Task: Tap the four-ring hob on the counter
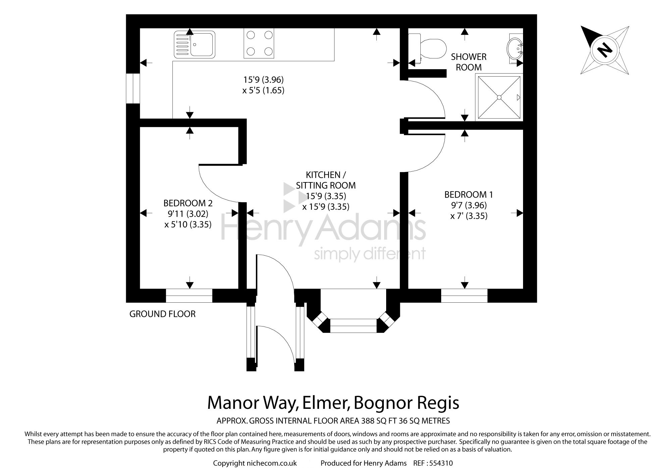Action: click(x=259, y=43)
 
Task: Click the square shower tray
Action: click(x=499, y=97)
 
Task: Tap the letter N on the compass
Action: click(x=605, y=50)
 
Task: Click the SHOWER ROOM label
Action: click(x=469, y=62)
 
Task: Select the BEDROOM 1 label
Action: click(x=469, y=195)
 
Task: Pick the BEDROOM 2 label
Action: click(x=188, y=203)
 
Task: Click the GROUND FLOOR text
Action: click(x=162, y=314)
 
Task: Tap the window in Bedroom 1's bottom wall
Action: click(x=464, y=296)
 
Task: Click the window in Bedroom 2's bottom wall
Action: click(x=189, y=296)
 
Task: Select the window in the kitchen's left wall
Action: click(x=133, y=88)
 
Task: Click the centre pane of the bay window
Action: click(x=354, y=326)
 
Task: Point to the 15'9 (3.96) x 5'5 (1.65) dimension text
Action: click(x=263, y=85)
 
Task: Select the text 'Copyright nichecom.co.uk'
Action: click(x=255, y=464)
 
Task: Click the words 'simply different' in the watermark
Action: click(x=370, y=254)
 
